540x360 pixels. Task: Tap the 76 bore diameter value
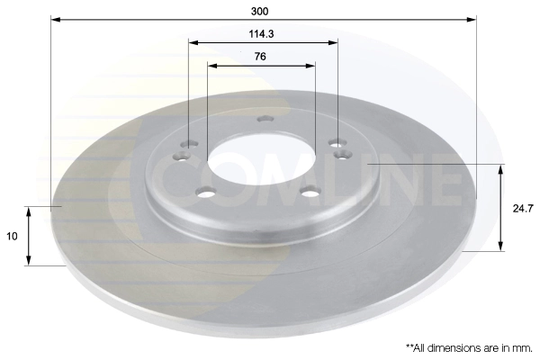[261, 56]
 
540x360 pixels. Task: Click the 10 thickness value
[12, 236]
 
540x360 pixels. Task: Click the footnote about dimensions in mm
[469, 346]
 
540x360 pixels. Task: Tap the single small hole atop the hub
[264, 118]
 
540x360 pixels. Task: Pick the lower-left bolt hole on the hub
[206, 190]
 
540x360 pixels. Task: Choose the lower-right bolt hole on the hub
[310, 190]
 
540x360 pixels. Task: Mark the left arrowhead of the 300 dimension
[53, 19]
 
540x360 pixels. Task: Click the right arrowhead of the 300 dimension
[472, 19]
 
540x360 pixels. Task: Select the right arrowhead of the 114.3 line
[335, 41]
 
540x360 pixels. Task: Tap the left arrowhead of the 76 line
[211, 65]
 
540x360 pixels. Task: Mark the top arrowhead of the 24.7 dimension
[501, 168]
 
